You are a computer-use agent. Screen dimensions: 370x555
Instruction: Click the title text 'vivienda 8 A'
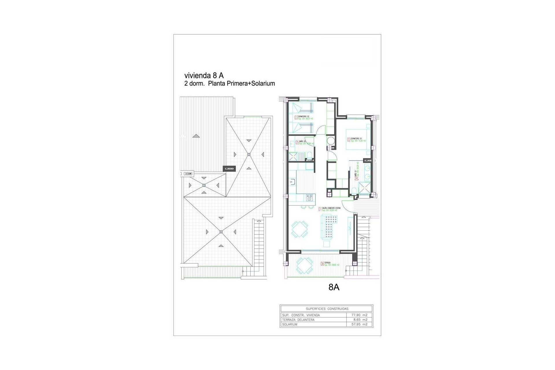pyautogui.click(x=204, y=75)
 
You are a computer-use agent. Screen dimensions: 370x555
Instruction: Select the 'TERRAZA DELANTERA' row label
pyautogui.click(x=298, y=320)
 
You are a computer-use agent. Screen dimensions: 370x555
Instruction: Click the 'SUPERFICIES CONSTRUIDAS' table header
pyautogui.click(x=327, y=309)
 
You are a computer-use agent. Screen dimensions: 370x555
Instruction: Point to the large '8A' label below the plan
pyautogui.click(x=334, y=287)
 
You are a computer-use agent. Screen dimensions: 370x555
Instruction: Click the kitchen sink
pyautogui.click(x=378, y=182)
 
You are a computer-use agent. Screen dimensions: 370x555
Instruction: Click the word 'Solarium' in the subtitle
pyautogui.click(x=263, y=84)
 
